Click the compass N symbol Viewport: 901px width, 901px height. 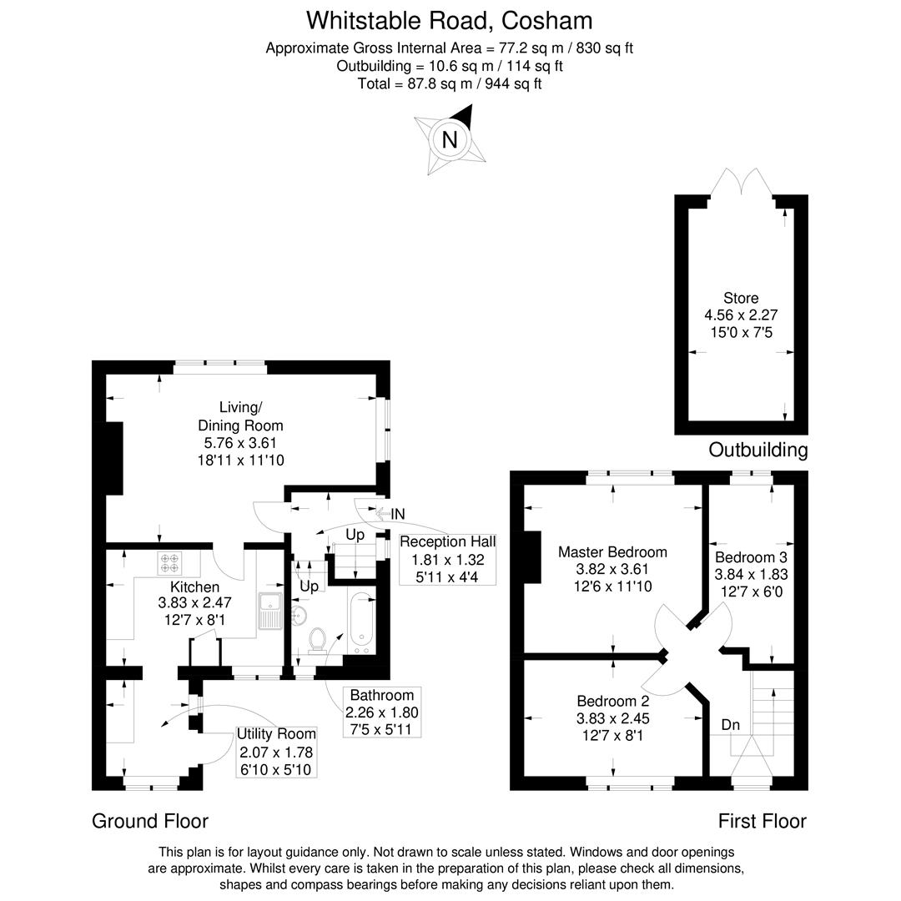pos(450,139)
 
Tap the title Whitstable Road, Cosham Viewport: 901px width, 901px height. pos(450,20)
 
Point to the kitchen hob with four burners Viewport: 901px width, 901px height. pos(171,565)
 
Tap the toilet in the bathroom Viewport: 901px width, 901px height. pos(317,639)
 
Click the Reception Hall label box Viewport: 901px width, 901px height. pos(447,559)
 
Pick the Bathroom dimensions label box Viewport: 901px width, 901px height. pos(382,712)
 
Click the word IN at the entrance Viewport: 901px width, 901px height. pos(398,515)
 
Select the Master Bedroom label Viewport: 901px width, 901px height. pos(612,569)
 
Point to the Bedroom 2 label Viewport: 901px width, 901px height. pos(612,718)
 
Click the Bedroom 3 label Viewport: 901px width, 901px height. pos(751,574)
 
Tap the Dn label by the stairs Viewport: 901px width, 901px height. pos(731,725)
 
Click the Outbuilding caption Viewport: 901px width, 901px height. pos(758,450)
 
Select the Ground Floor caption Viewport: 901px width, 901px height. pos(150,821)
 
